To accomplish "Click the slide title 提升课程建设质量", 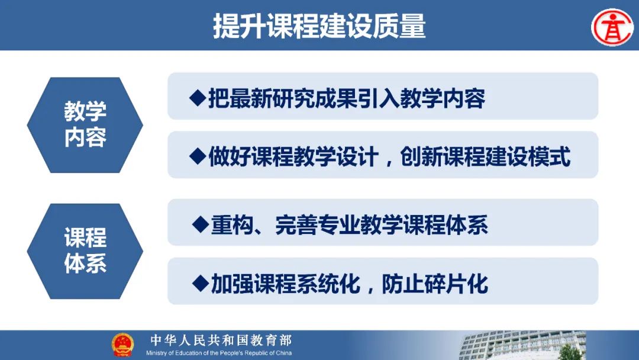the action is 319,26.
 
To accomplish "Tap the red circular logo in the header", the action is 612,27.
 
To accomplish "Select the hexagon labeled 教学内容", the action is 85,125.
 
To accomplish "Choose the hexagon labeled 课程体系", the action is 85,251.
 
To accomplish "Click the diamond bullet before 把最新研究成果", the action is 198,98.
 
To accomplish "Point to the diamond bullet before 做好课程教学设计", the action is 198,156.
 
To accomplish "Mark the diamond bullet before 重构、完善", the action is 201,224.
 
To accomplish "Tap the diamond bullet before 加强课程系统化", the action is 201,283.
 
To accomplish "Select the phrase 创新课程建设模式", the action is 485,157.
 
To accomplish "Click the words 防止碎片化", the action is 435,284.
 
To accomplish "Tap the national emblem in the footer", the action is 122,345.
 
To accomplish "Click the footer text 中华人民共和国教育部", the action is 221,340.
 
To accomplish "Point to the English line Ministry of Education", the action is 219,353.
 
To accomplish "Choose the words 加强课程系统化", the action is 285,284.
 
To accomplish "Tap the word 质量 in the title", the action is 399,26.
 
